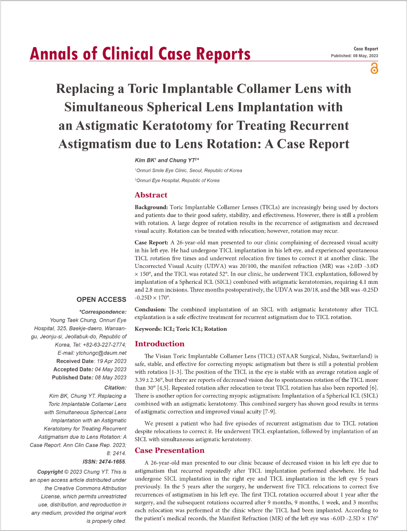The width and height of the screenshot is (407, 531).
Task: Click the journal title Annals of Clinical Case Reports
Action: point(140,54)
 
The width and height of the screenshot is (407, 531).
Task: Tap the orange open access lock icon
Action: point(374,68)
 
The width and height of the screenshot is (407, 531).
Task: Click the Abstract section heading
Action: point(151,195)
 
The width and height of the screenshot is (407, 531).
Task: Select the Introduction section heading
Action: point(160,343)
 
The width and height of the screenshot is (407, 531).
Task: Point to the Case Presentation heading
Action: point(170,450)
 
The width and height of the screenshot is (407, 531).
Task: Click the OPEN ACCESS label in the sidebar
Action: point(101,300)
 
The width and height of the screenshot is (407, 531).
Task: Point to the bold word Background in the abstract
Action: point(151,207)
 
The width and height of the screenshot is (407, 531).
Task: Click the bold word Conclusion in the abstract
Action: point(151,310)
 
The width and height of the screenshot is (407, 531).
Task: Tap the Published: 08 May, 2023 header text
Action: point(355,56)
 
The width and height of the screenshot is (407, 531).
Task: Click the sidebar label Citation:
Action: point(115,388)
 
